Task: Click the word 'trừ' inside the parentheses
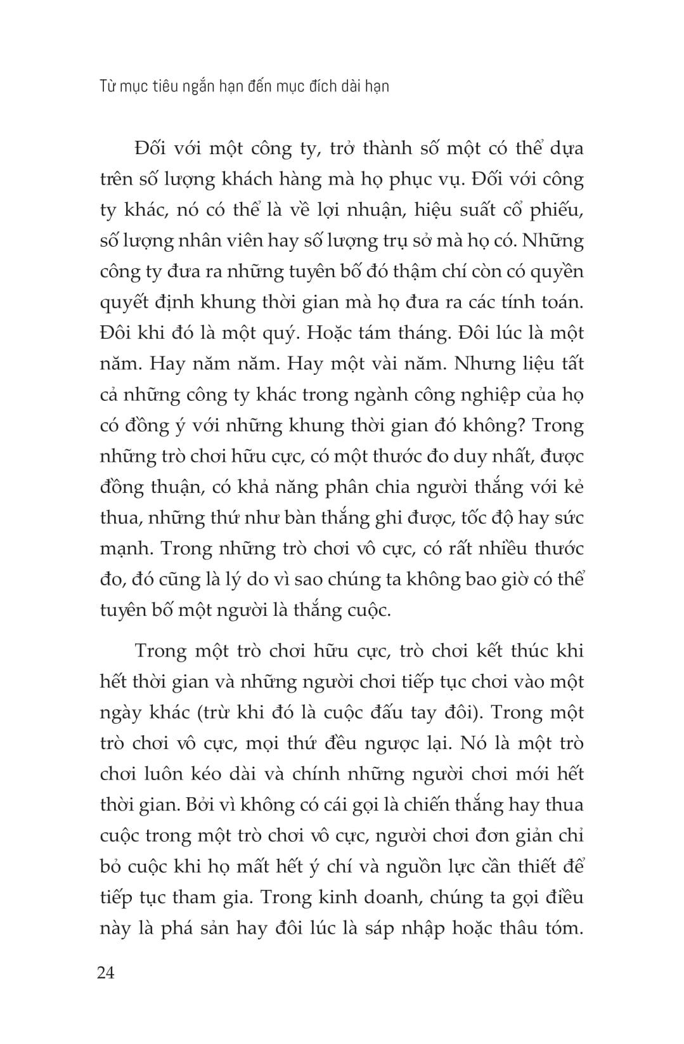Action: pyautogui.click(x=216, y=712)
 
